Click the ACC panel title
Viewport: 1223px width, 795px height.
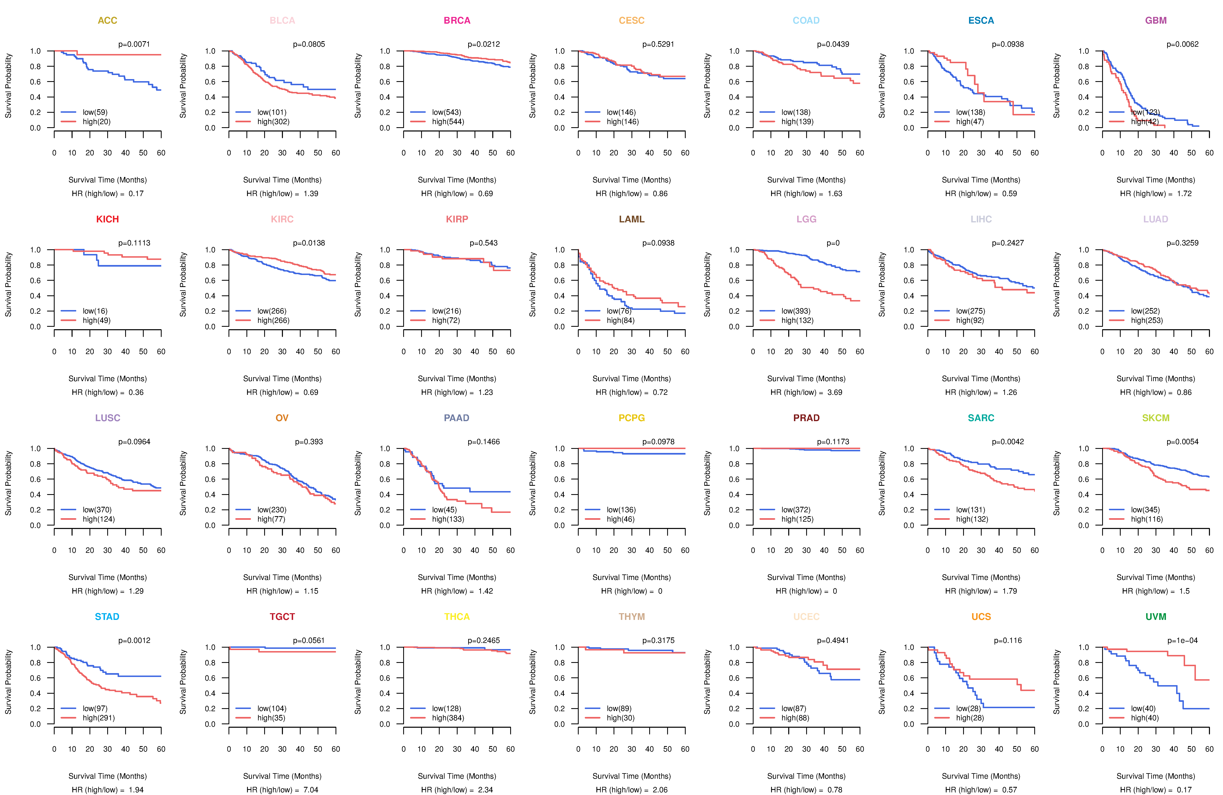(x=107, y=21)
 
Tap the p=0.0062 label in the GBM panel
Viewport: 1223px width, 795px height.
(x=1182, y=44)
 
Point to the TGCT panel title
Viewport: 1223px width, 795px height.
(x=282, y=617)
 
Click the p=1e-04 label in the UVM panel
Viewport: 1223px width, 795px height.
(x=1182, y=640)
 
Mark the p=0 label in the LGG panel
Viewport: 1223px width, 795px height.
(x=833, y=243)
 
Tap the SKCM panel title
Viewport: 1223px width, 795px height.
(x=1156, y=418)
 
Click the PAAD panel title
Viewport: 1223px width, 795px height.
(x=457, y=418)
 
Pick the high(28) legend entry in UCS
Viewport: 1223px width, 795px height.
(x=970, y=718)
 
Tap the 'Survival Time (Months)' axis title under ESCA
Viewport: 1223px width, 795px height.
(x=981, y=180)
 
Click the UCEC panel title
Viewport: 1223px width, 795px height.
(x=806, y=617)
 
